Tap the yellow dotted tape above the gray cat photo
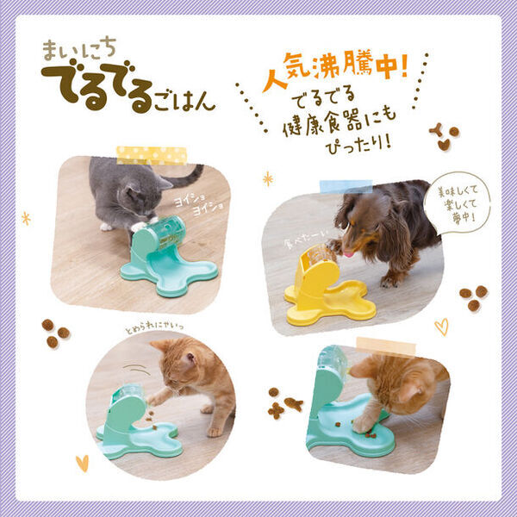(152, 154)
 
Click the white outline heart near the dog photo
(441, 327)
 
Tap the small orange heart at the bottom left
(82, 463)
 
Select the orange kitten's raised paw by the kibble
(153, 399)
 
